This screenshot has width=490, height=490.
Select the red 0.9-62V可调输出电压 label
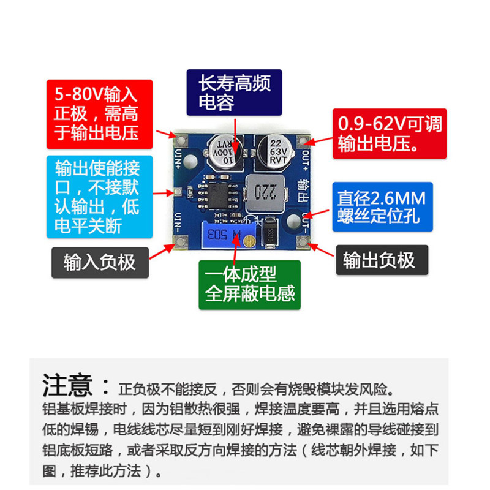coord(389,134)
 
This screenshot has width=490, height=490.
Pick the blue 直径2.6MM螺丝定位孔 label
coord(382,207)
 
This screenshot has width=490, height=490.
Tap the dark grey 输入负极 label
coord(99,262)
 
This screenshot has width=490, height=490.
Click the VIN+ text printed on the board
coord(179,159)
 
